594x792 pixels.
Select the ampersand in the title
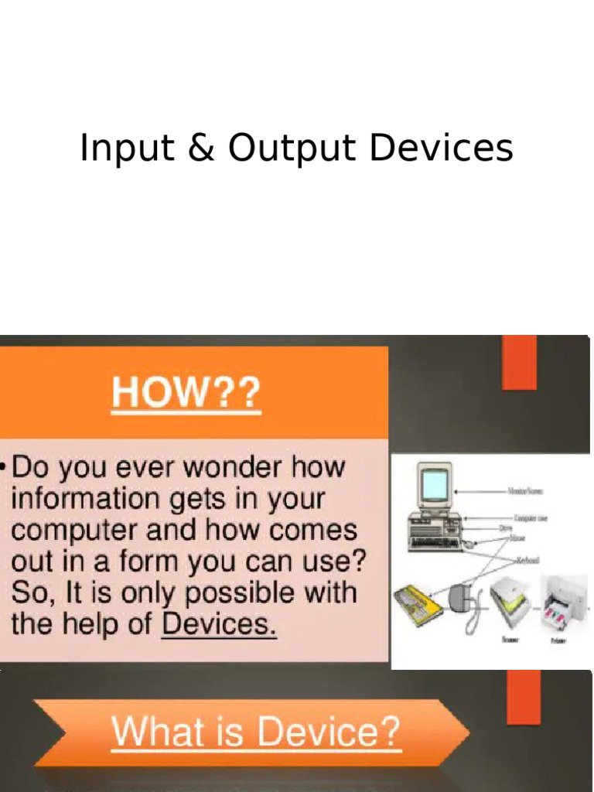(x=201, y=148)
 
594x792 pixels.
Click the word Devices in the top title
(x=441, y=148)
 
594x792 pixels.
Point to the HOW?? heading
(x=186, y=394)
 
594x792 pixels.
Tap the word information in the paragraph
(x=84, y=499)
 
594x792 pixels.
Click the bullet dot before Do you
(x=5, y=468)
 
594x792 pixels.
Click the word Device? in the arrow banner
(x=329, y=732)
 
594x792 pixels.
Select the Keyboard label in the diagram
(x=527, y=559)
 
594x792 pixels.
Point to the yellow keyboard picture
(x=417, y=604)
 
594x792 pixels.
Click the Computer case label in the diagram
(x=531, y=518)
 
